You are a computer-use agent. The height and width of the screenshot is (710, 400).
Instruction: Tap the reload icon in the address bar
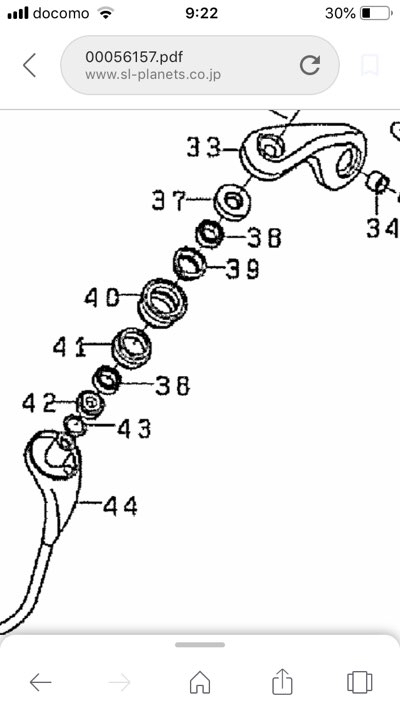pyautogui.click(x=310, y=65)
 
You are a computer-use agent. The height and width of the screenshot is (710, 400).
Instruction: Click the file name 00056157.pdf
pyautogui.click(x=134, y=57)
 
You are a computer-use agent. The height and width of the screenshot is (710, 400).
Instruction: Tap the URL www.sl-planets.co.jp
pyautogui.click(x=153, y=74)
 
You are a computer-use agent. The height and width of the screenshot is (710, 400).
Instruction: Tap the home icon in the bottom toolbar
pyautogui.click(x=200, y=682)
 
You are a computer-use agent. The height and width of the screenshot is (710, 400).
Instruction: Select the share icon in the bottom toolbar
pyautogui.click(x=282, y=681)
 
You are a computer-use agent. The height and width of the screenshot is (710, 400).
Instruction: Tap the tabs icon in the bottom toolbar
pyautogui.click(x=360, y=682)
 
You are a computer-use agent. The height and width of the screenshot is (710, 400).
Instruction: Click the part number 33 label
pyautogui.click(x=203, y=148)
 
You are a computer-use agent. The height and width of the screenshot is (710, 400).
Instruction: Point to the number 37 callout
pyautogui.click(x=169, y=200)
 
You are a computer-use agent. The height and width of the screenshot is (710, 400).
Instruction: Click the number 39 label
pyautogui.click(x=242, y=270)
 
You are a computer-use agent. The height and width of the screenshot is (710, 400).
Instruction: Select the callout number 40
pyautogui.click(x=102, y=297)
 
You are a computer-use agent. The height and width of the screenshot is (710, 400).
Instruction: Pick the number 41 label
pyautogui.click(x=69, y=347)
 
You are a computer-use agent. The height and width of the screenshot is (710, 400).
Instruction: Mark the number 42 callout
pyautogui.click(x=39, y=403)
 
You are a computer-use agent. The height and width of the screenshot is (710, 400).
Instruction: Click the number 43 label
pyautogui.click(x=134, y=428)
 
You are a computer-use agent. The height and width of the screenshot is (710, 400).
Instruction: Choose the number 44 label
pyautogui.click(x=120, y=506)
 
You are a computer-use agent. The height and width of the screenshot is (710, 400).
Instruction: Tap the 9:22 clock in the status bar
pyautogui.click(x=202, y=14)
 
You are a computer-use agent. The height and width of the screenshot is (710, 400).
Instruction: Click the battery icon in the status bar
pyautogui.click(x=376, y=14)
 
